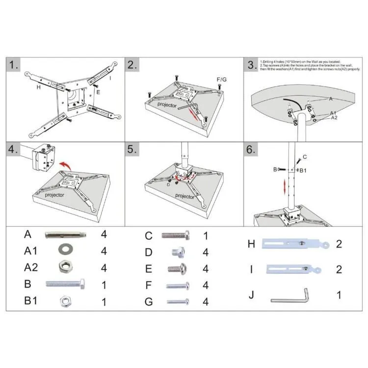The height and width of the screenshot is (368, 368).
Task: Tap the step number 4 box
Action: click(x=14, y=150)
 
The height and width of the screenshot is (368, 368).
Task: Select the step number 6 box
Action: click(x=252, y=150)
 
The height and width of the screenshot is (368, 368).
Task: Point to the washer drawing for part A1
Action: click(x=63, y=250)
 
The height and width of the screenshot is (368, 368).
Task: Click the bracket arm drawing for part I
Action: click(x=293, y=269)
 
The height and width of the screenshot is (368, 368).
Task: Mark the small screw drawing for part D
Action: click(x=177, y=253)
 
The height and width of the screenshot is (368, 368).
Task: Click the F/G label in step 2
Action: click(x=222, y=79)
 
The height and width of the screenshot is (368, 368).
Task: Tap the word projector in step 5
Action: click(x=185, y=196)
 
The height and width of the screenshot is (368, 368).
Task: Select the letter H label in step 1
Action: click(x=38, y=87)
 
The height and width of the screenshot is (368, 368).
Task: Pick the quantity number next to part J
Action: click(x=339, y=295)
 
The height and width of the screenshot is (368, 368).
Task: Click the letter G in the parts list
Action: click(x=149, y=301)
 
